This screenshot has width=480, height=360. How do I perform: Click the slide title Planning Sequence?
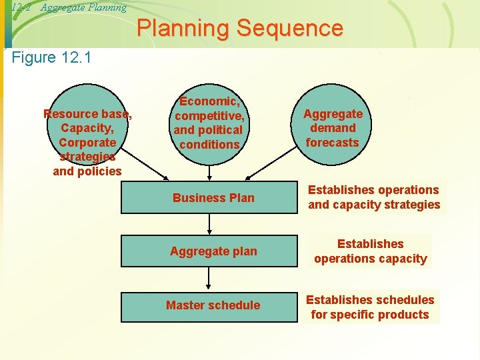pos(240,29)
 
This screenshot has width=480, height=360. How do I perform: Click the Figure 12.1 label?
pos(52,57)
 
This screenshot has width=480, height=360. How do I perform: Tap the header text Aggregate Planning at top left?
pos(83,7)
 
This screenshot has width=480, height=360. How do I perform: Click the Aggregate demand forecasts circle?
pos(332,127)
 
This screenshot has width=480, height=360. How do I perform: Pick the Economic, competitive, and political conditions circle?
pos(209,123)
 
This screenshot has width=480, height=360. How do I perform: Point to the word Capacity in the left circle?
pos(87,128)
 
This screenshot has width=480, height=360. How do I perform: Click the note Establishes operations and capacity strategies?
pos(373,197)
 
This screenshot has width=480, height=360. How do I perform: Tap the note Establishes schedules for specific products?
pos(370,307)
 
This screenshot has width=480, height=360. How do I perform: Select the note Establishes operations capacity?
pos(370,251)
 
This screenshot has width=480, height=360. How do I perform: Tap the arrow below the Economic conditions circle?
pos(210,172)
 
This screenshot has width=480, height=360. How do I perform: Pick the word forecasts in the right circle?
pos(332,142)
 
